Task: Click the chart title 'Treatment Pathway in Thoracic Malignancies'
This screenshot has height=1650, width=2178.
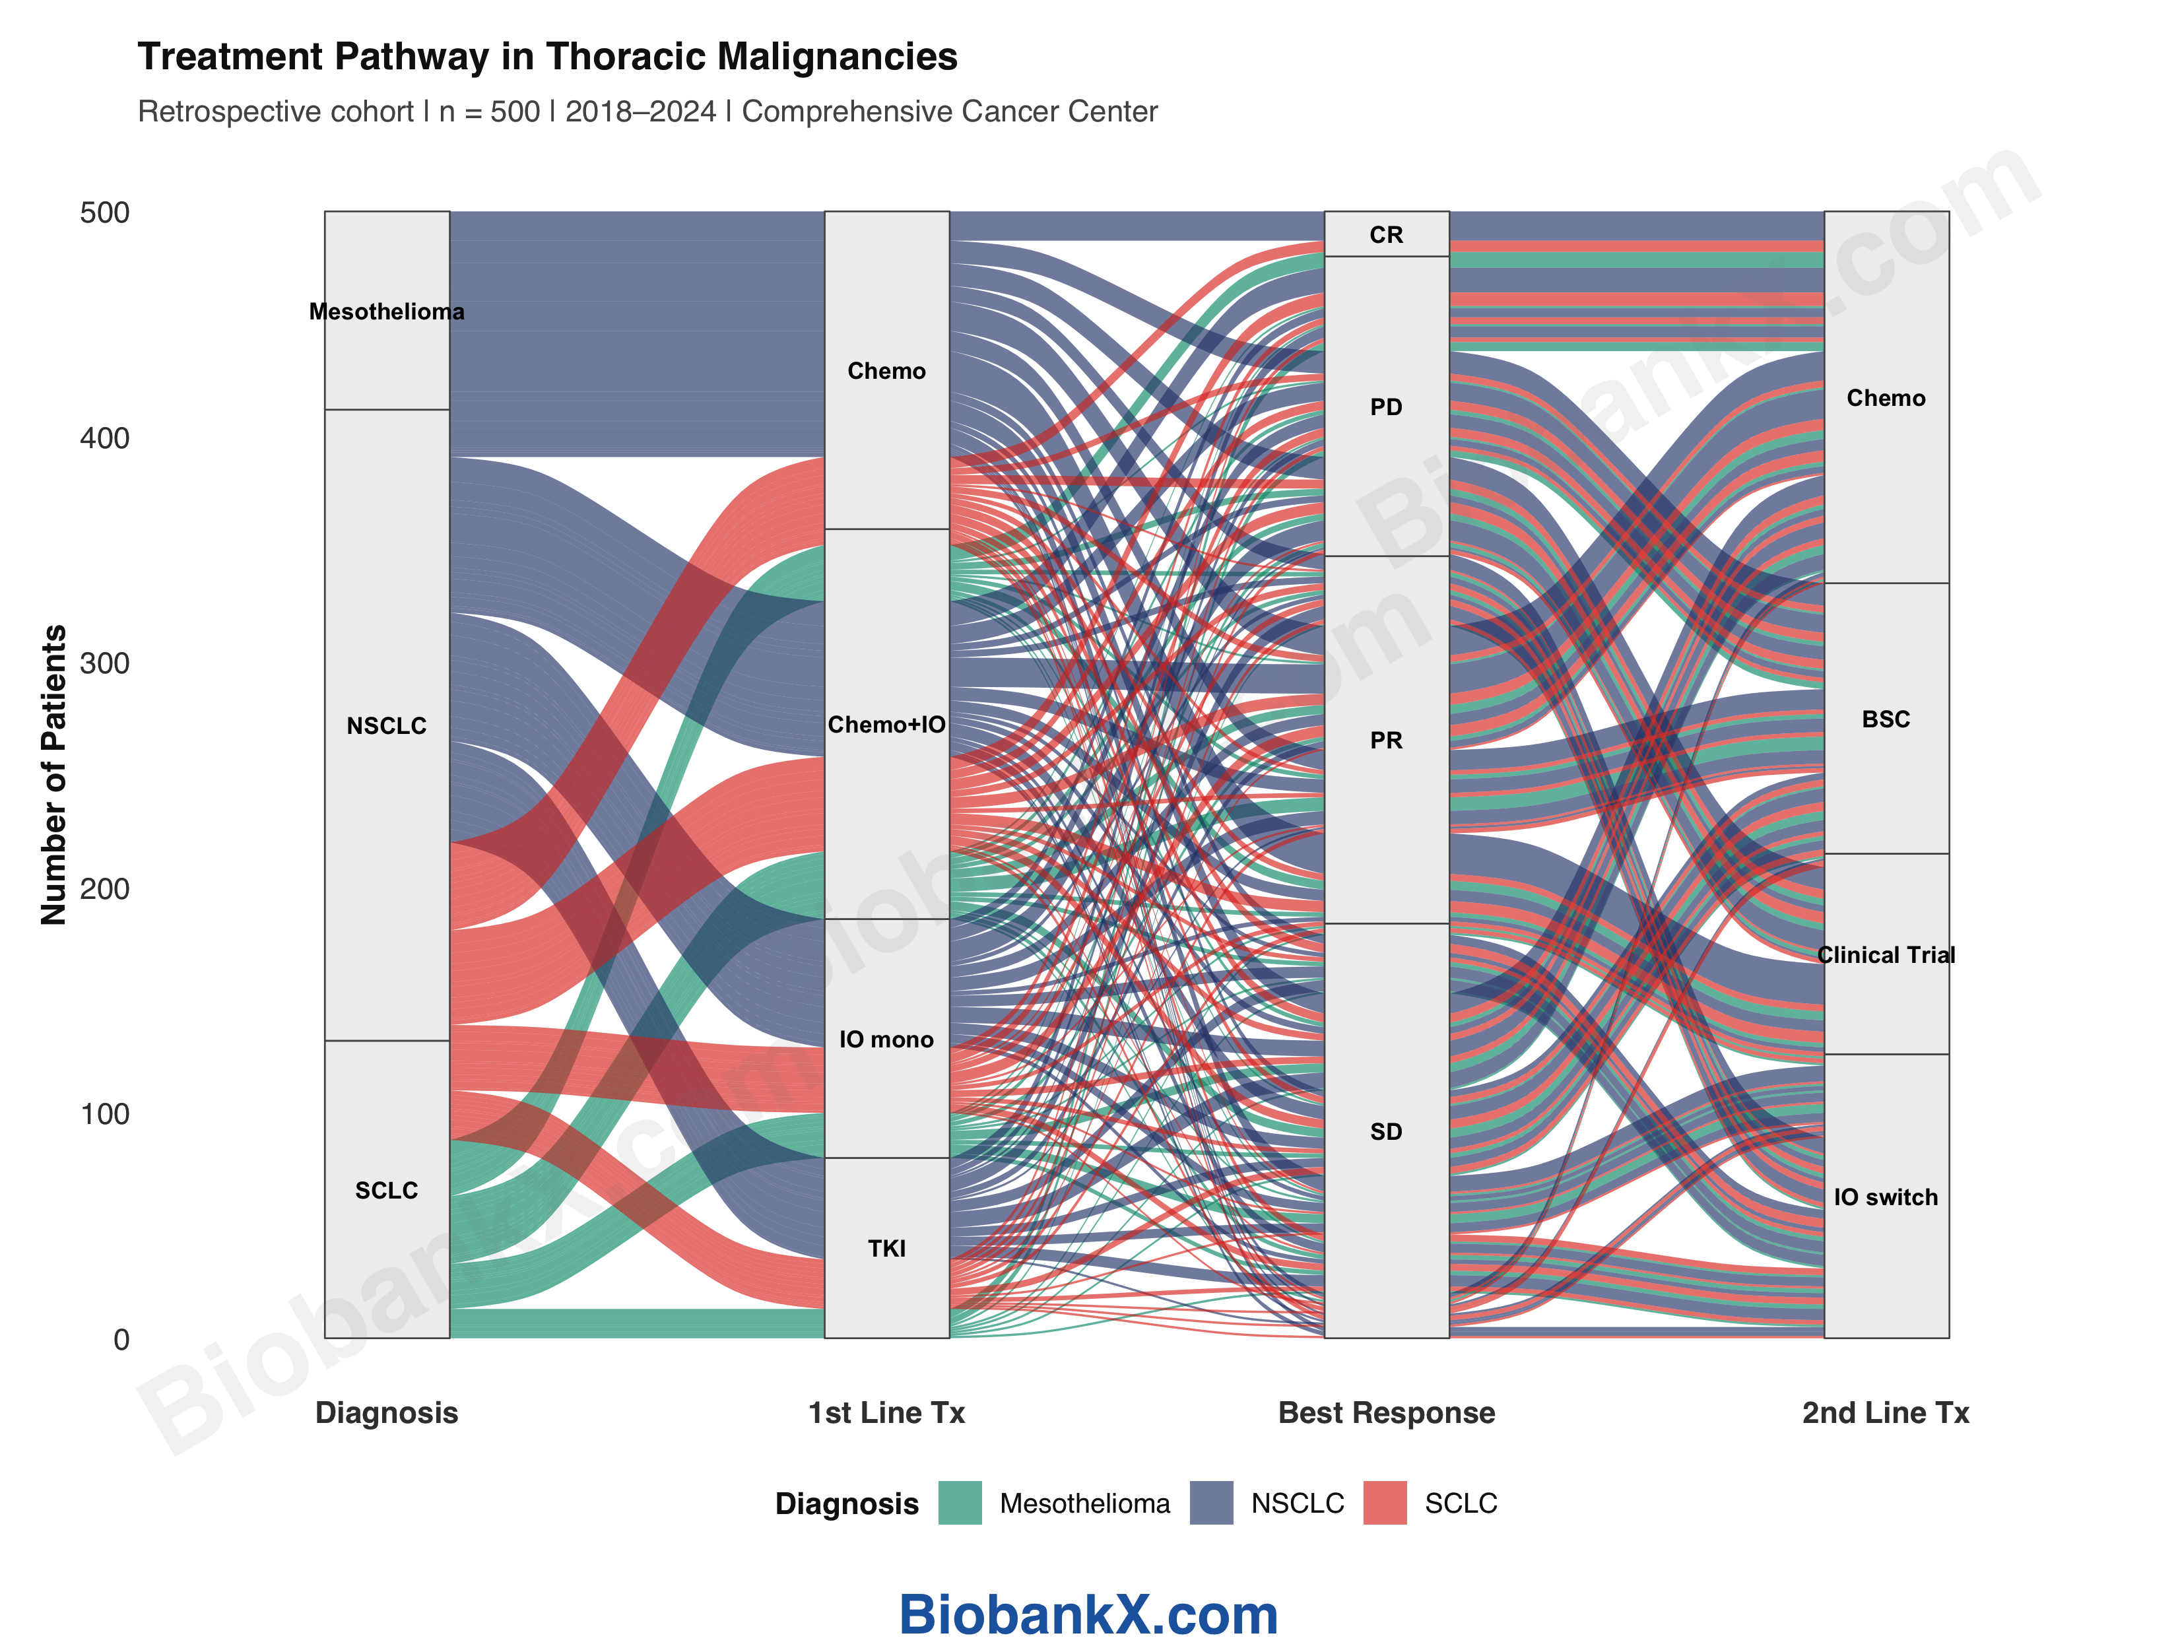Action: pos(546,57)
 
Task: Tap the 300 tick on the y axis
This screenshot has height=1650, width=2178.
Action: pos(104,663)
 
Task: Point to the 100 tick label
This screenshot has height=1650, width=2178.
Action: pos(104,1115)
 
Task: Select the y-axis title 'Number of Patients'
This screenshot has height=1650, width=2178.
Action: pos(53,775)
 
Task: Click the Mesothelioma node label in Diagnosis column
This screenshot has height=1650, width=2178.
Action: pos(387,312)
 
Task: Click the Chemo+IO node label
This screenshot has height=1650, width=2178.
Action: pos(886,725)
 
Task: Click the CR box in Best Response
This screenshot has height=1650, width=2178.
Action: pos(1387,234)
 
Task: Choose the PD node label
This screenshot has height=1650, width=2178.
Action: pos(1387,407)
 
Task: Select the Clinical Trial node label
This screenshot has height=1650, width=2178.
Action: pos(1886,955)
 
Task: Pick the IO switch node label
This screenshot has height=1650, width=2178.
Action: pos(1886,1197)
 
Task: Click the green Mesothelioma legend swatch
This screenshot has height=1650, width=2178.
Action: pos(960,1503)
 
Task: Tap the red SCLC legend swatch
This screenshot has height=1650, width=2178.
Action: pos(1385,1503)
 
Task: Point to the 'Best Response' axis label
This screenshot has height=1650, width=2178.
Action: pos(1387,1413)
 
